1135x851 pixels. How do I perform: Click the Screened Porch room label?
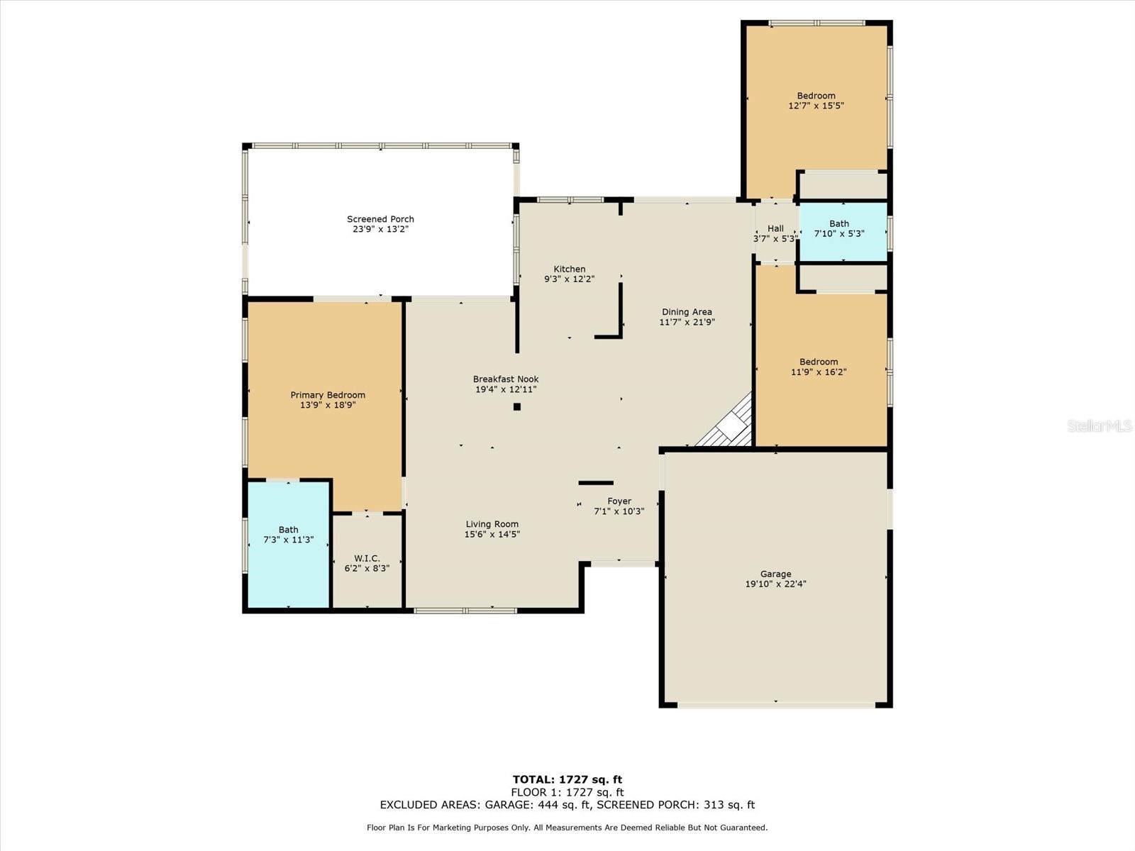[380, 219]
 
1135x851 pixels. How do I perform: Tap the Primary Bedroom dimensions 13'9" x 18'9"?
[327, 406]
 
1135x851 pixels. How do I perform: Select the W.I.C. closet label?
[367, 558]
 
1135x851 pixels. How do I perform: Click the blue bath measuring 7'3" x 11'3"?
[288, 545]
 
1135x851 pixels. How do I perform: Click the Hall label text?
[775, 228]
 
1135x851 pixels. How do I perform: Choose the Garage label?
[775, 574]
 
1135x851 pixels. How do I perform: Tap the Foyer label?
[619, 501]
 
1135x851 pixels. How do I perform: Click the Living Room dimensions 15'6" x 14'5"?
[492, 535]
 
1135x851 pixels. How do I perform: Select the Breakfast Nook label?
[506, 379]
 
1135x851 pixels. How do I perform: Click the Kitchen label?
[569, 269]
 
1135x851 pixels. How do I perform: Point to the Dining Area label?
[686, 311]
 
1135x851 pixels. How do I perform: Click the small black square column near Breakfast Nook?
[517, 406]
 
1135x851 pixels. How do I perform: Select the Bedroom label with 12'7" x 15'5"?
[816, 96]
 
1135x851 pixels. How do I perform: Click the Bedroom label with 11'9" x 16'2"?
[819, 362]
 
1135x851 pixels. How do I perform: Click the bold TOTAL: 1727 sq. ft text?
[567, 779]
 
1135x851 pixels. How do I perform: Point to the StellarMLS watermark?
[1099, 425]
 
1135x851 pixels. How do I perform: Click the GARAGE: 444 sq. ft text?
[536, 805]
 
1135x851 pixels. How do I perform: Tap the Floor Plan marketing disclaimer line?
[567, 828]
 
